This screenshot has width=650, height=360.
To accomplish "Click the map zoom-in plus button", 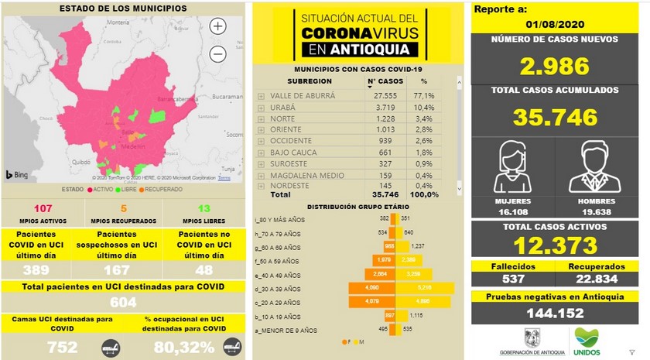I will point(218,26).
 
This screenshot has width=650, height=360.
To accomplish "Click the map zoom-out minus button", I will point(218,53).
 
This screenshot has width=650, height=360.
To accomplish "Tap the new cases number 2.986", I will point(554,66).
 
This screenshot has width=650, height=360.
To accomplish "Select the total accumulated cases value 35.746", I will point(554,117).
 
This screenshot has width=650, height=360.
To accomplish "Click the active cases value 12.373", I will point(554,245).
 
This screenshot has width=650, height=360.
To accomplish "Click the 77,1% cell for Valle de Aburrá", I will point(422,94).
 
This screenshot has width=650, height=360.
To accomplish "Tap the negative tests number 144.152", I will point(554,314).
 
